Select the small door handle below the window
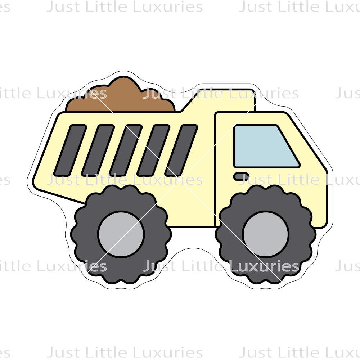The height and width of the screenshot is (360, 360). (x=240, y=176)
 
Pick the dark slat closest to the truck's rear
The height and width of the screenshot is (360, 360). (x=70, y=150)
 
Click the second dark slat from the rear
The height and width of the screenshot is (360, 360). (x=98, y=150)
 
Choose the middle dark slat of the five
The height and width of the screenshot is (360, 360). (x=126, y=150)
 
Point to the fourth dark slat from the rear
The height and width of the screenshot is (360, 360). (x=153, y=150)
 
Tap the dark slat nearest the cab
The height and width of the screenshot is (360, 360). (x=181, y=150)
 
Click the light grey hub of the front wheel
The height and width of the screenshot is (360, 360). (x=265, y=234)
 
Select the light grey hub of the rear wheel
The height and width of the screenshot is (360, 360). (x=121, y=234)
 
